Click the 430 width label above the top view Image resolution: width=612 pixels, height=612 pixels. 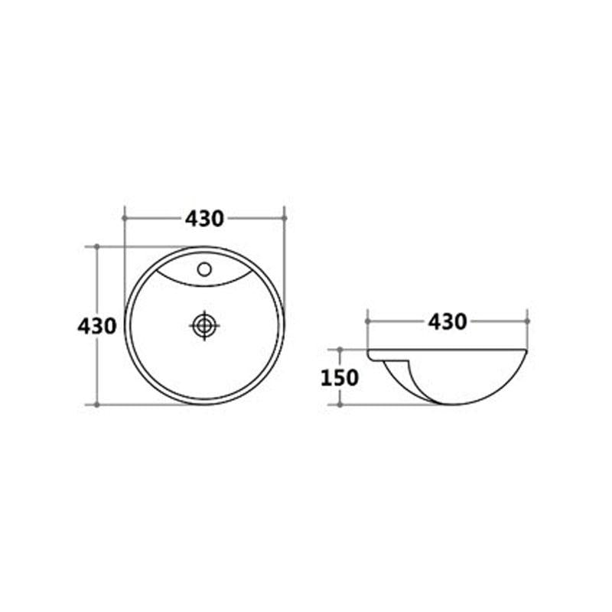tap(204, 219)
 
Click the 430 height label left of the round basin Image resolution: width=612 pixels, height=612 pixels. tap(97, 326)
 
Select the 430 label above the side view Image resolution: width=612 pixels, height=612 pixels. tap(448, 322)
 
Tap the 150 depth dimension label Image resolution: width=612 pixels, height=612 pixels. tap(339, 378)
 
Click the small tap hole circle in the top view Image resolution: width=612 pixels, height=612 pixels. tap(204, 269)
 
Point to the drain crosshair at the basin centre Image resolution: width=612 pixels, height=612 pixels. tap(204, 326)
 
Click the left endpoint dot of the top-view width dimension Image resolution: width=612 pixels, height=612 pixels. tap(125, 218)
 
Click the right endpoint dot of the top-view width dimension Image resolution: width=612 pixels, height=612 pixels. tap(284, 218)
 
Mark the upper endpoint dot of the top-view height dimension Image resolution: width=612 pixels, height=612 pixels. tap(97, 246)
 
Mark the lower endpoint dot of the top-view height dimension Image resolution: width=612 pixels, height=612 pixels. tap(97, 405)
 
